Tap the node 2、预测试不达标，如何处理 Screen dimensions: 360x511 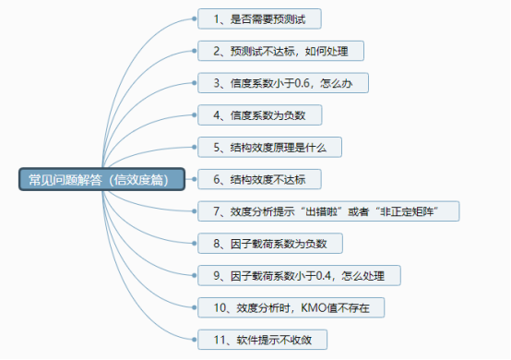coord(281,50)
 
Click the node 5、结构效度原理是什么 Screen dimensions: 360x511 coord(271,147)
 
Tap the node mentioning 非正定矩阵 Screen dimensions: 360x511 coord(327,211)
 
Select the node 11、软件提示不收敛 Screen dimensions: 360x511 coord(262,340)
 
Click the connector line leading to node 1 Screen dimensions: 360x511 coord(166,55)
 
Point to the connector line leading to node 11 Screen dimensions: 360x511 coord(166,305)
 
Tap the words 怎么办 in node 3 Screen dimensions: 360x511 coord(351,82)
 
